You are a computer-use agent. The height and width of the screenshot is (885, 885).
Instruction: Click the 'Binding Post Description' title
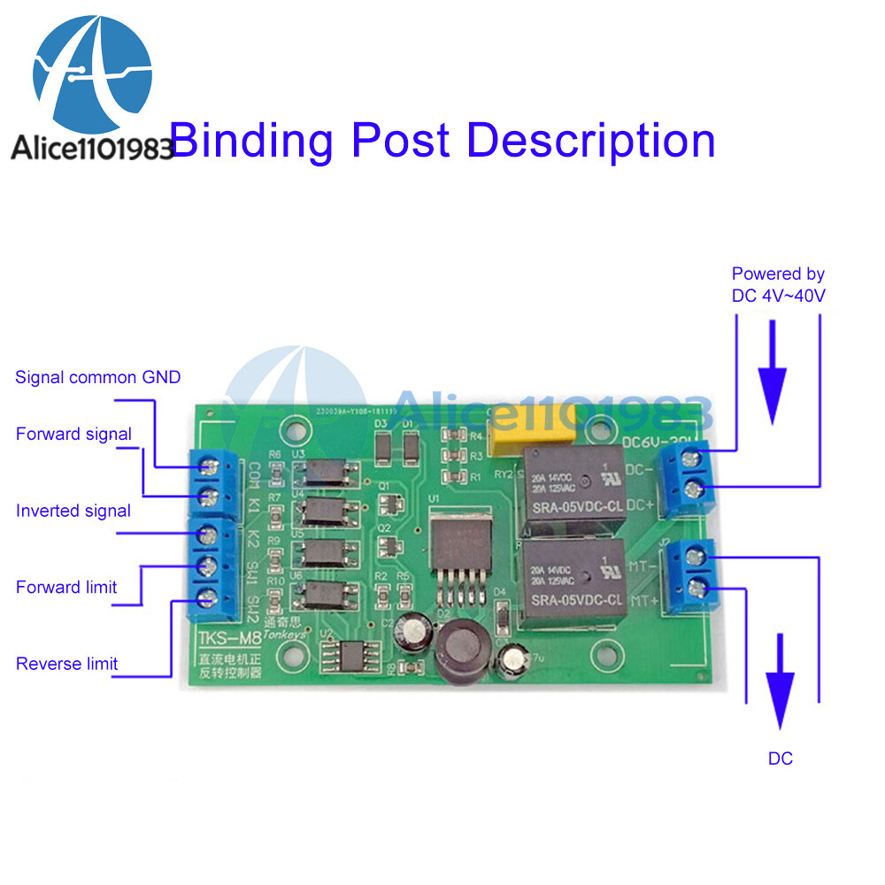click(442, 141)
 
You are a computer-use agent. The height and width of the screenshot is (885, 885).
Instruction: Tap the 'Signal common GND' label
click(97, 378)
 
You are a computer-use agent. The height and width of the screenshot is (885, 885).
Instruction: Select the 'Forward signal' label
click(73, 434)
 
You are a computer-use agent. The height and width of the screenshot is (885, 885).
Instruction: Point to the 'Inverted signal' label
click(73, 511)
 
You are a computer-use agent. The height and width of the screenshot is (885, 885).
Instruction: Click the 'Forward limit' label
click(66, 587)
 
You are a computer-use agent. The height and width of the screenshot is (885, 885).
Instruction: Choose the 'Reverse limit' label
click(66, 664)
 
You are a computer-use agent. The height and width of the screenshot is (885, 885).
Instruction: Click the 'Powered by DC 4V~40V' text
click(778, 285)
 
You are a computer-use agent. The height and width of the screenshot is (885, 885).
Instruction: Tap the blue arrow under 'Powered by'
click(773, 372)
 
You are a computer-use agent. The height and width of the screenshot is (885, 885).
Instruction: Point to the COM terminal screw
click(211, 465)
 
